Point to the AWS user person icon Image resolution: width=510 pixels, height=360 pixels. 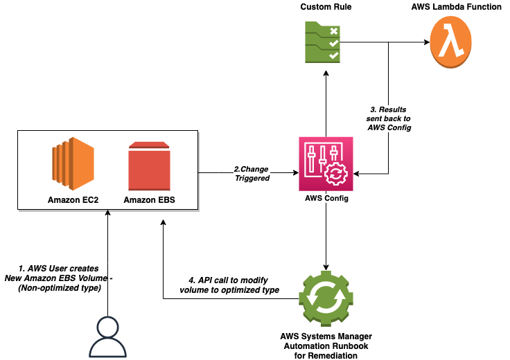tap(108, 338)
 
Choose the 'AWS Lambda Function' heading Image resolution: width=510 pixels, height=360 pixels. tap(455, 8)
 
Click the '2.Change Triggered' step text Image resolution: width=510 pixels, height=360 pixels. tap(251, 173)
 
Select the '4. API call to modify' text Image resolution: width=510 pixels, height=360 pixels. tap(234, 285)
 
